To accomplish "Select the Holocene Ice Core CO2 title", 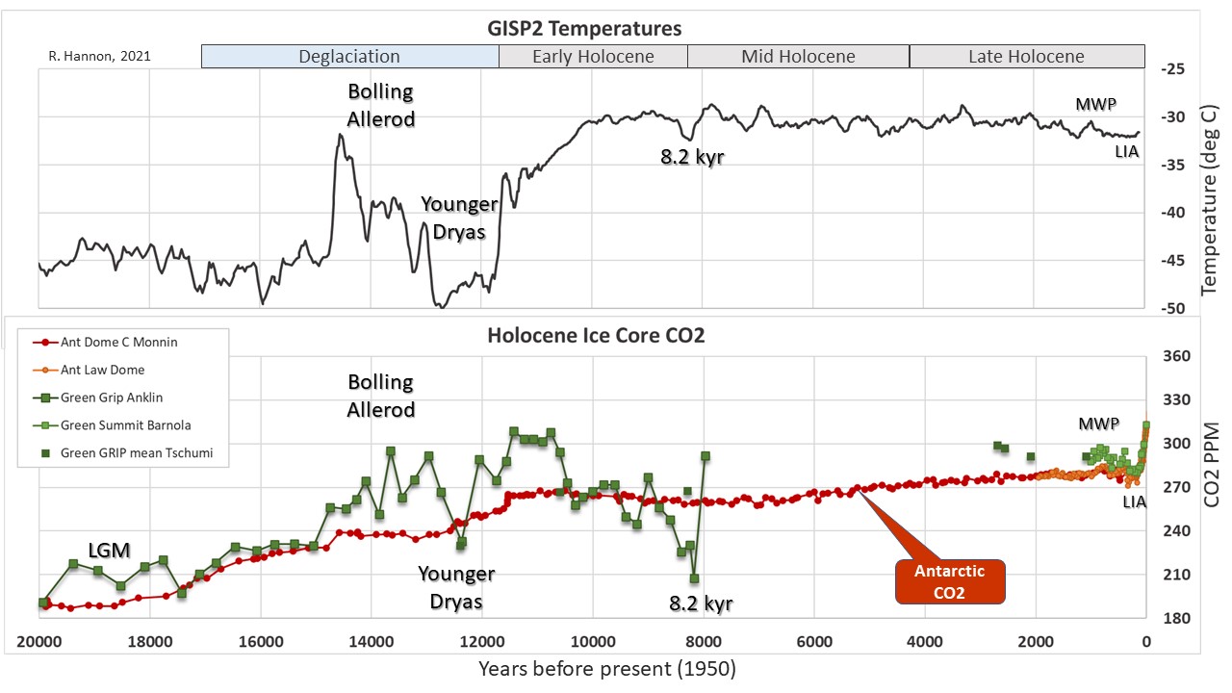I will point(596,336).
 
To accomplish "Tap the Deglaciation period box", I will point(349,57).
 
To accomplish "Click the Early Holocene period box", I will point(593,57).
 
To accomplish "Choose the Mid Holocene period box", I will point(798,57).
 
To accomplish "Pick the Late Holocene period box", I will point(1026,57).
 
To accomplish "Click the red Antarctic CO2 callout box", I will point(950,581).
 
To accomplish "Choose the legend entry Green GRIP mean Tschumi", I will point(136,452).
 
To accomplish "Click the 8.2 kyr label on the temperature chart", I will point(691,157).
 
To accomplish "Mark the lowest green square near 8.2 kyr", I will point(694,578).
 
